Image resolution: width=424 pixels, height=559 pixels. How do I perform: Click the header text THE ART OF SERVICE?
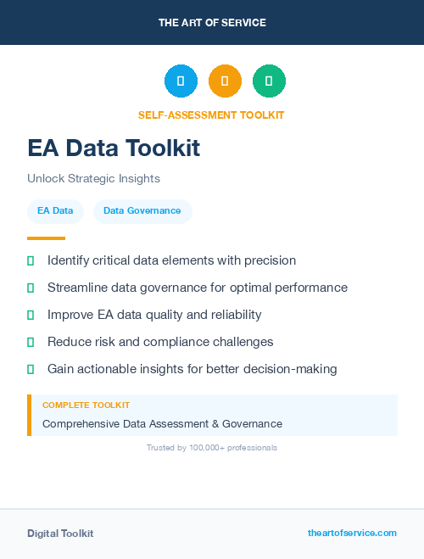(x=212, y=23)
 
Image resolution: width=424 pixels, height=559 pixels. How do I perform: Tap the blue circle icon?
(x=181, y=81)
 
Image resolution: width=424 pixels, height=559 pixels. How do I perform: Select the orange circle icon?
(x=225, y=81)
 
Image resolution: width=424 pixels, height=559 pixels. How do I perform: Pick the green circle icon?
(x=269, y=81)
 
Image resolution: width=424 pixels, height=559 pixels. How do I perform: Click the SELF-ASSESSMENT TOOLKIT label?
(x=211, y=115)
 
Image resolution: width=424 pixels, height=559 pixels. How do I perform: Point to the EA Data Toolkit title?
(x=114, y=148)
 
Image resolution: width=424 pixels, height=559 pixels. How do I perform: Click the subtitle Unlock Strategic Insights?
(x=93, y=179)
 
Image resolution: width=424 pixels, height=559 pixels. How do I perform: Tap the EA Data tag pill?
(x=55, y=210)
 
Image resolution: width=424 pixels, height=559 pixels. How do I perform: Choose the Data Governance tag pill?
(x=142, y=210)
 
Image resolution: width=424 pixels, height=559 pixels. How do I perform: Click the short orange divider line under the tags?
(x=46, y=238)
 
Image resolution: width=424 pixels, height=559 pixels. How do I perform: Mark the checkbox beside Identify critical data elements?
(x=31, y=260)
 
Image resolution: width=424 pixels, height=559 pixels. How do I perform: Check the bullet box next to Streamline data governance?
(x=31, y=288)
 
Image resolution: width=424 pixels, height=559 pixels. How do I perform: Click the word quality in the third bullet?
(x=166, y=315)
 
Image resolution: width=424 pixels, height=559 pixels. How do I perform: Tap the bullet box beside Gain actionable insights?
(x=31, y=369)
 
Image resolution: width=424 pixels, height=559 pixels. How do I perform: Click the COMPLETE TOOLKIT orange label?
(x=86, y=405)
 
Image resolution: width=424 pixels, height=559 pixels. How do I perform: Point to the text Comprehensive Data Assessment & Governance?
(x=162, y=423)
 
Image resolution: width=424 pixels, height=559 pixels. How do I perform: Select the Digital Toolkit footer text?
(x=60, y=534)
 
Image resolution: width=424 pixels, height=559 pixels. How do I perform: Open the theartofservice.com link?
(x=352, y=533)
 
